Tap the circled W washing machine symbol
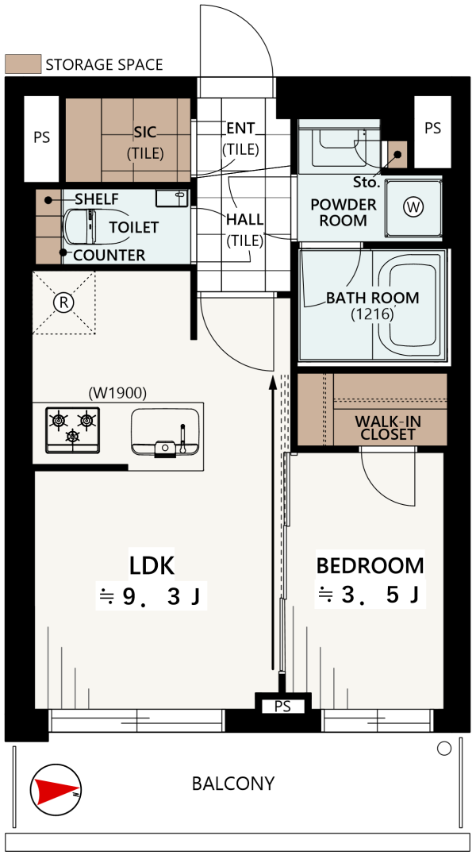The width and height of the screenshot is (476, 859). [413, 207]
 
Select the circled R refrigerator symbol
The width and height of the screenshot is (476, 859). [64, 302]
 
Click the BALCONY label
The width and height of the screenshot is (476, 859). [233, 784]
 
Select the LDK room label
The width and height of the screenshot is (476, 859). [152, 565]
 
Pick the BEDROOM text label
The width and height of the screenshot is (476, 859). [370, 565]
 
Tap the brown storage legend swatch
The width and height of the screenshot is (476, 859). [23, 64]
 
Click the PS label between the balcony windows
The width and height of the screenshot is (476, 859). [282, 707]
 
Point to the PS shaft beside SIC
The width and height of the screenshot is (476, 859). [41, 138]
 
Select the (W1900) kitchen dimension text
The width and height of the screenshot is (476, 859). [117, 393]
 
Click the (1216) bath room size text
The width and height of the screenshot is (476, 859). [373, 314]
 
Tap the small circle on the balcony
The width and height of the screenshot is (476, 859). [444, 749]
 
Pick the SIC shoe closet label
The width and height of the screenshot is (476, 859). [145, 132]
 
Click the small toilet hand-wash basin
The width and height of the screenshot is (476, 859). [171, 198]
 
